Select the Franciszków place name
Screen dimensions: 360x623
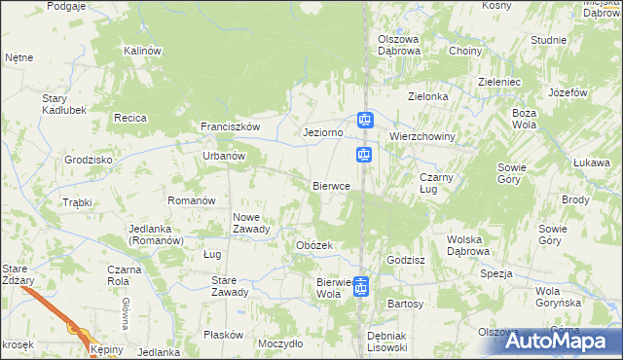pyautogui.click(x=230, y=127)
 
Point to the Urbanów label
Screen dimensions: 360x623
pyautogui.click(x=222, y=155)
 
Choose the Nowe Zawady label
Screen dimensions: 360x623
pyautogui.click(x=251, y=223)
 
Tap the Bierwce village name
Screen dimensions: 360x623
pyautogui.click(x=332, y=186)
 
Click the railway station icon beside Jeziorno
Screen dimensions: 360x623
pyautogui.click(x=364, y=121)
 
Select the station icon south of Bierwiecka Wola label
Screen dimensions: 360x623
pyautogui.click(x=361, y=286)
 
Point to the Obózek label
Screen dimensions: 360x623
pyautogui.click(x=315, y=245)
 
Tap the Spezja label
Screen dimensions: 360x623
pyautogui.click(x=495, y=273)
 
